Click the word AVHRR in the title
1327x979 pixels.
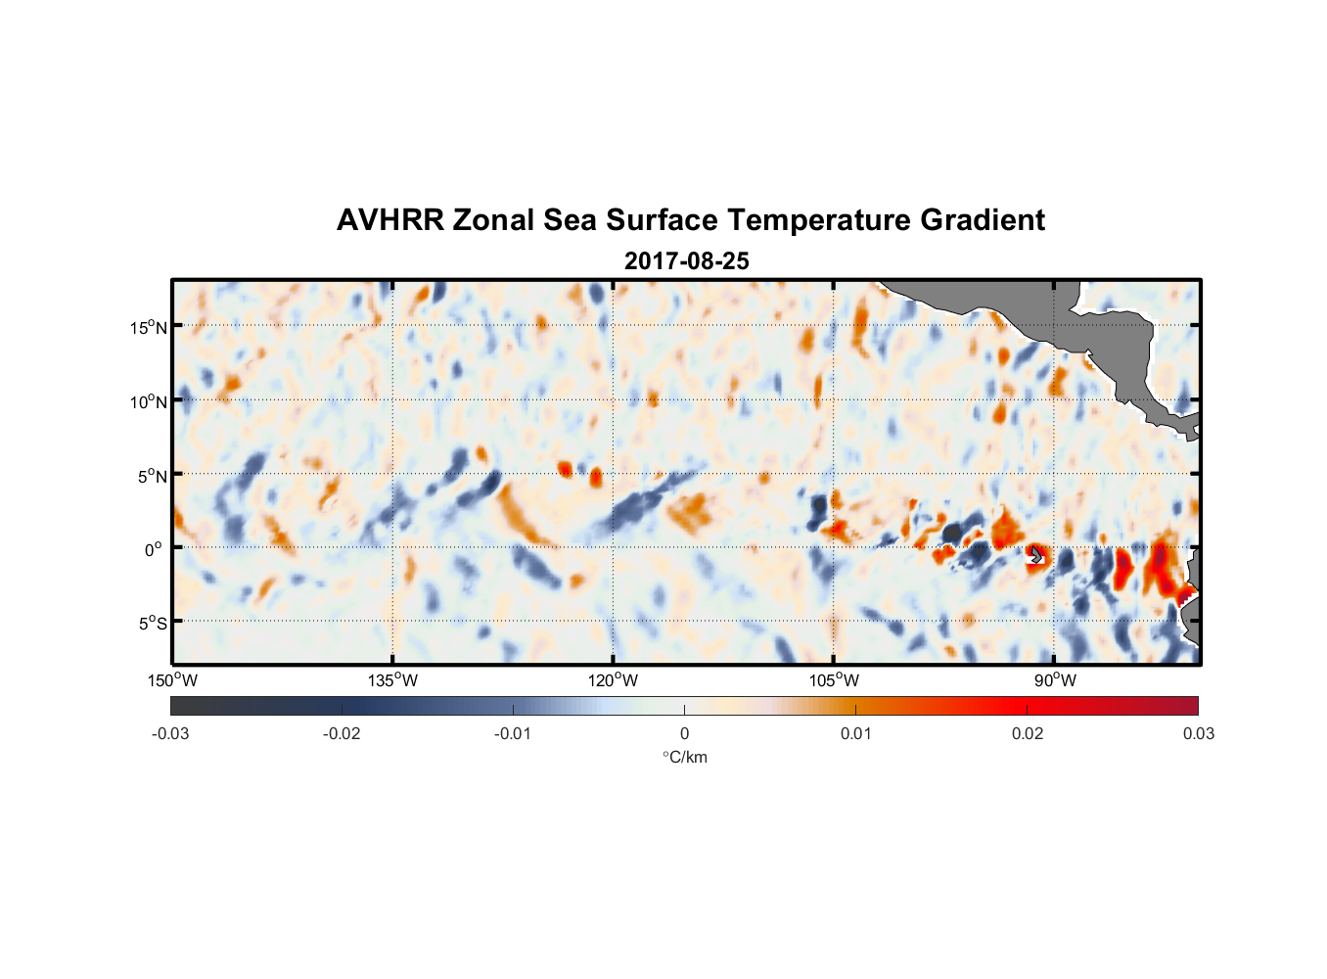pos(389,220)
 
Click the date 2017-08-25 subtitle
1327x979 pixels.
pos(687,261)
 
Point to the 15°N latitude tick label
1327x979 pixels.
pos(148,327)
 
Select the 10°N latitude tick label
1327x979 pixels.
pos(148,401)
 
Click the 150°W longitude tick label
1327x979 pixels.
pos(172,680)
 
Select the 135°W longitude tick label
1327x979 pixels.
pos(392,680)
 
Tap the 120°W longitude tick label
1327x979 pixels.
pos(613,680)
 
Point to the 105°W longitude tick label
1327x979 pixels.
pos(834,680)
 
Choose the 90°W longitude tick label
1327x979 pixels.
pos(1054,680)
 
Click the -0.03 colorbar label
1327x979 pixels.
pos(170,733)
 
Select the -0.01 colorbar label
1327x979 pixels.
pos(513,733)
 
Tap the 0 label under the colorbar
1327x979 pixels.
pos(684,733)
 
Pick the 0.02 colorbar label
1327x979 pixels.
pos(1028,733)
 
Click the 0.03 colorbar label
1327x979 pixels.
pos(1198,733)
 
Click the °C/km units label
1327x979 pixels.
pos(684,757)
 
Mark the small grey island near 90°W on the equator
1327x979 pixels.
pos(1036,555)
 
